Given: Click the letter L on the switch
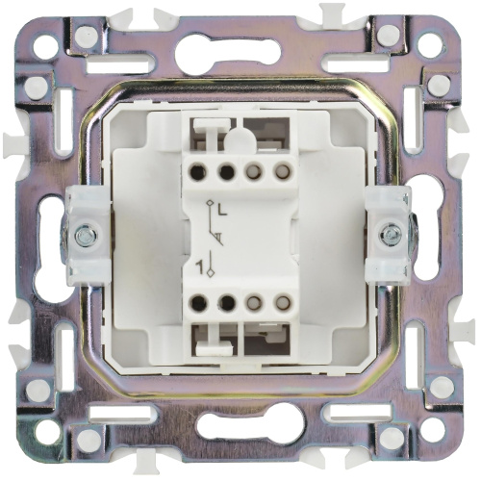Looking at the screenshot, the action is click(x=222, y=210).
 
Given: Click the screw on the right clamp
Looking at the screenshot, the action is click(x=390, y=236).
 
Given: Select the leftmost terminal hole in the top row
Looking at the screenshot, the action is click(x=198, y=171).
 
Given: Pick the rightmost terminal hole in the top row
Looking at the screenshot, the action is click(x=282, y=170).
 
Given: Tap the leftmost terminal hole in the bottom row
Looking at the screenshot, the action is click(x=198, y=302).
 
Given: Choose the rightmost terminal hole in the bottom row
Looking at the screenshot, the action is click(x=282, y=302).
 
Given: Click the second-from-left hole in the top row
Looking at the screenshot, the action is click(x=226, y=170).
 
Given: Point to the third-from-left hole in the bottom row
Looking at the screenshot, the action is click(x=255, y=302).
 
